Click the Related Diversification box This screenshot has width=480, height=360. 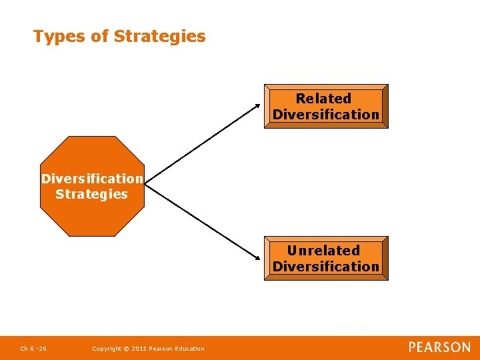[326, 106]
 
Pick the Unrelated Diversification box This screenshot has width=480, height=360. [326, 258]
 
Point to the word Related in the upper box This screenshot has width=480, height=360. [323, 99]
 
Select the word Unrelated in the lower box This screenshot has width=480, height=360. [323, 251]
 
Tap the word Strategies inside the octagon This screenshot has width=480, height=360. [91, 195]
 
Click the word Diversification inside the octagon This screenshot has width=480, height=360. [92, 179]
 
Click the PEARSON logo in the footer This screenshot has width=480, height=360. [439, 347]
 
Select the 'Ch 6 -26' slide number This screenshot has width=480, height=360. [33, 349]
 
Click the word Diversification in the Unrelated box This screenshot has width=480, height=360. [326, 267]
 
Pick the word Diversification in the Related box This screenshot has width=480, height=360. [326, 115]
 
